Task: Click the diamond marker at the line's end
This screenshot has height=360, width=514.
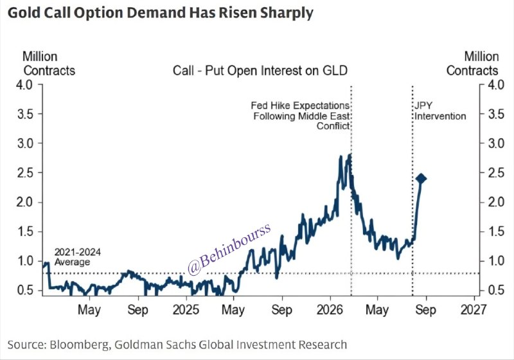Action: tap(421, 179)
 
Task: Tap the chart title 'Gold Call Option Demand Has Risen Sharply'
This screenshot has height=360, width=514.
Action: tap(160, 13)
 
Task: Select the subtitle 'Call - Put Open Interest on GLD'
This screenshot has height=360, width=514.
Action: tap(260, 71)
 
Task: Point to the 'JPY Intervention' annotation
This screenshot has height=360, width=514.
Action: tap(440, 111)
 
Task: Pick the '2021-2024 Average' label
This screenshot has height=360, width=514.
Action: tap(77, 257)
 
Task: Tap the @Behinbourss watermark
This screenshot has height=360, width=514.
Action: tap(229, 249)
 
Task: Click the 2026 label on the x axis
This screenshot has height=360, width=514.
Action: tap(330, 310)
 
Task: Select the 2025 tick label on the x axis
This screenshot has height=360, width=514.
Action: tap(186, 310)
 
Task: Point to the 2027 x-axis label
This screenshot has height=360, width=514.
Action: tap(474, 310)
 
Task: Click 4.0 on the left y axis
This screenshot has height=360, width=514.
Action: tap(25, 85)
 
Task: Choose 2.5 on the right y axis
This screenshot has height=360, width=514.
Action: tap(496, 172)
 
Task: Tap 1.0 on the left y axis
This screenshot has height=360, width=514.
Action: tap(25, 261)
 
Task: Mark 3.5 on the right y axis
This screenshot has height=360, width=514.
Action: tap(496, 114)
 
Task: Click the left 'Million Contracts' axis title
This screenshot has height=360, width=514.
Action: tap(49, 64)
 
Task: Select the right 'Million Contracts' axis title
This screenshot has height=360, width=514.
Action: tap(472, 64)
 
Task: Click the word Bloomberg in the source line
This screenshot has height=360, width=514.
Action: tap(78, 345)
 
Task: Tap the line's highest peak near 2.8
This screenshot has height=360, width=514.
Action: tap(350, 154)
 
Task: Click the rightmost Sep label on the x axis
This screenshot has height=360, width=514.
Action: tap(425, 310)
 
